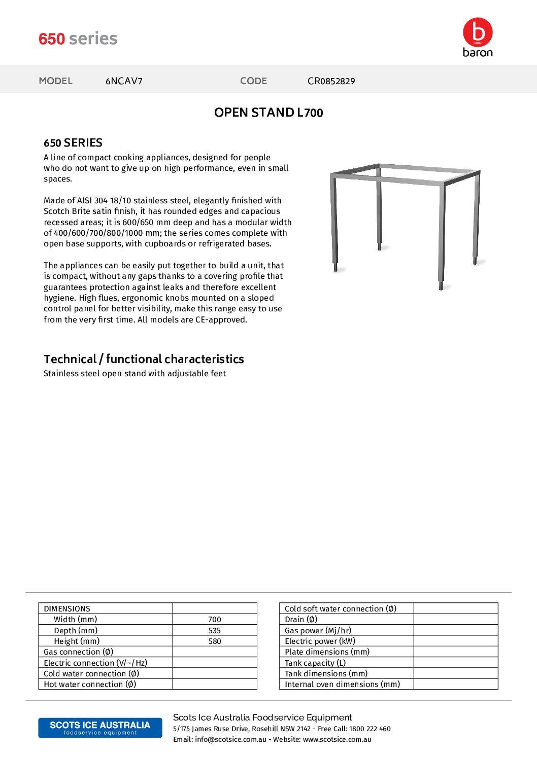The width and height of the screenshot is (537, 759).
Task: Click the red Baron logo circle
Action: tap(478, 32)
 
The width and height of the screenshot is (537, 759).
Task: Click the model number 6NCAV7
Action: tap(124, 81)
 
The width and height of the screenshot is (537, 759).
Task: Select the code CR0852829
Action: tap(331, 81)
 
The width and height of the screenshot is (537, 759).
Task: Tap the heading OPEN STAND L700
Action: tap(268, 113)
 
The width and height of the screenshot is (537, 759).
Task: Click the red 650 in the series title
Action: tap(52, 39)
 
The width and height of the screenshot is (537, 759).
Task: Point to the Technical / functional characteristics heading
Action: tap(144, 359)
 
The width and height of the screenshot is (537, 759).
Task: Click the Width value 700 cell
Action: tap(215, 620)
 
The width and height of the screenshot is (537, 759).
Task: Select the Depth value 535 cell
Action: tap(215, 631)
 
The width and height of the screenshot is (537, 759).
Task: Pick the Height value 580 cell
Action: tap(215, 641)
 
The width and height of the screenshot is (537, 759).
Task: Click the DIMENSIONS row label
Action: tap(67, 609)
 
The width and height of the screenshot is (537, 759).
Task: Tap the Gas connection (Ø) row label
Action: tap(79, 652)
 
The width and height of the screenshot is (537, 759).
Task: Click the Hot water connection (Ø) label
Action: tap(90, 684)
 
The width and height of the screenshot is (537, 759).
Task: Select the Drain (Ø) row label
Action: tap(301, 620)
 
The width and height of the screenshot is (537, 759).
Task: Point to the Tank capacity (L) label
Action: tap(315, 663)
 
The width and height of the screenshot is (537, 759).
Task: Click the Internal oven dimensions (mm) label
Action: tap(342, 684)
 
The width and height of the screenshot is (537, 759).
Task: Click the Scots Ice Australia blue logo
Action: tap(100, 728)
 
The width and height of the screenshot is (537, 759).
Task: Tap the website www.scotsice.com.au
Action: tap(337, 740)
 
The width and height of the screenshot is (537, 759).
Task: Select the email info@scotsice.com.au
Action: tap(230, 740)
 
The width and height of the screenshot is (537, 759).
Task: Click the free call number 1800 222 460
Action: tap(370, 729)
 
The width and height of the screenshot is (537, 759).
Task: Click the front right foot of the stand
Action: tap(441, 286)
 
